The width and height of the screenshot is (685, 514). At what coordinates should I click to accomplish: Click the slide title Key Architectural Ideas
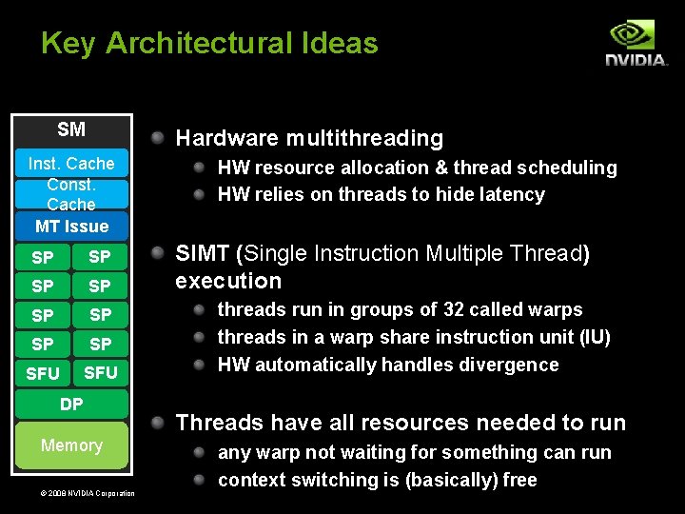click(209, 43)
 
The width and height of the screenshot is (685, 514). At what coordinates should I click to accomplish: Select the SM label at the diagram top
click(71, 129)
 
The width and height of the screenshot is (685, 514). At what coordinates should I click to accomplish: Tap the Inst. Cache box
click(71, 164)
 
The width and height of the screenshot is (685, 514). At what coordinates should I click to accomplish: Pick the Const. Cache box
click(71, 194)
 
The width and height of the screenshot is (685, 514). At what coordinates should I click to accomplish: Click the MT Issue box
click(71, 226)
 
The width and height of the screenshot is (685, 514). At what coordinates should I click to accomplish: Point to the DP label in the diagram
click(71, 405)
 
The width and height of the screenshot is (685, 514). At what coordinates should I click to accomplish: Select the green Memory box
click(71, 445)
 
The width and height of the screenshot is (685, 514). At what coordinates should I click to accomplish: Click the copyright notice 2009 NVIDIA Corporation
click(76, 492)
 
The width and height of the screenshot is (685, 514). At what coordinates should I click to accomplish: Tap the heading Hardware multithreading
click(309, 138)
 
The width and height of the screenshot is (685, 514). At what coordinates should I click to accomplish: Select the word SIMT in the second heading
click(203, 253)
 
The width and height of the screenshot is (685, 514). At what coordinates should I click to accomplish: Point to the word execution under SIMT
click(228, 281)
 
